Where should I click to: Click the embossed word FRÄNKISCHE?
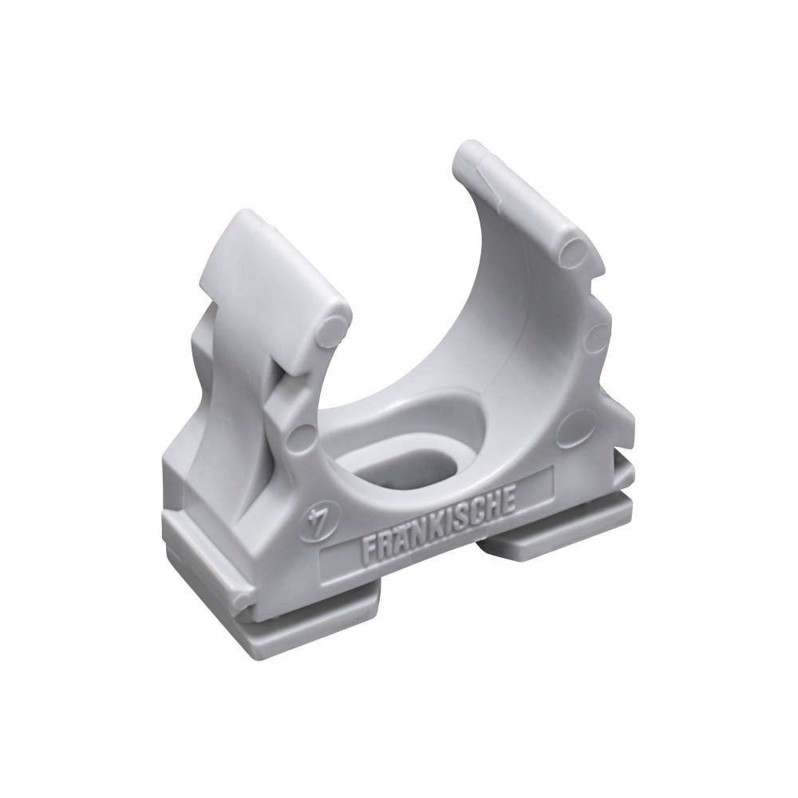(439, 519)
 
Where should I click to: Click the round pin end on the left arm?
(331, 331)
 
